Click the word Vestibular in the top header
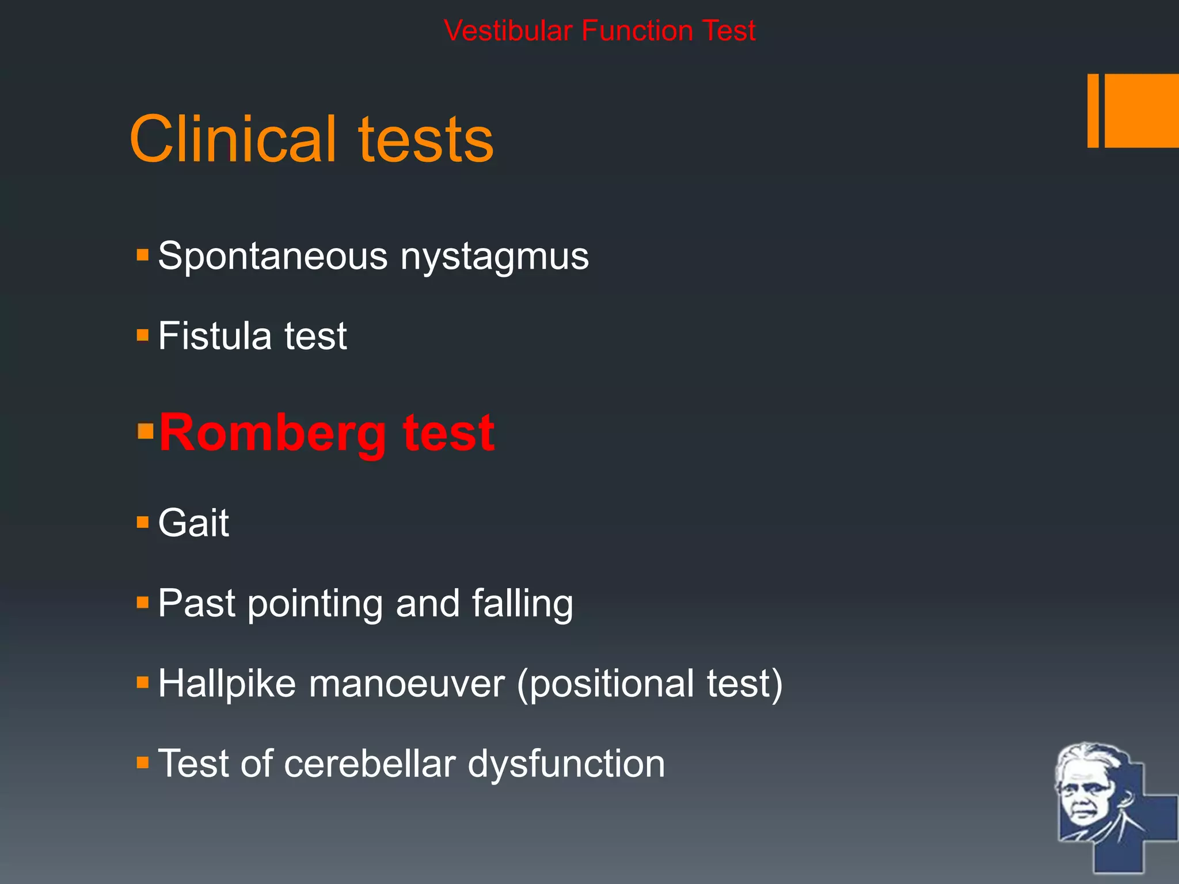[509, 31]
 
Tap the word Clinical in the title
[233, 139]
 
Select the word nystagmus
[495, 257]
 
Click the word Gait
[193, 523]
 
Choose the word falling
[522, 604]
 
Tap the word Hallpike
[227, 684]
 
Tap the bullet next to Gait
[143, 523]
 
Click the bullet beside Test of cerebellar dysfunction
[143, 763]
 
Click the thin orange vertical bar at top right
[1093, 110]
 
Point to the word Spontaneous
[273, 257]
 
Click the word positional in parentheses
[611, 684]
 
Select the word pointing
[315, 604]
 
